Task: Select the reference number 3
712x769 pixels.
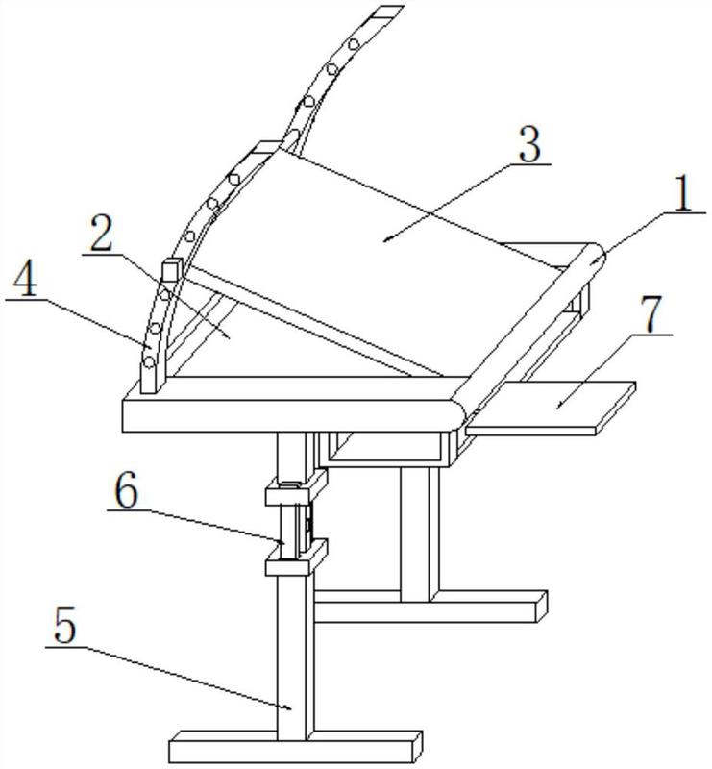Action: (528, 145)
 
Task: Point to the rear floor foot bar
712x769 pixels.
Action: (432, 606)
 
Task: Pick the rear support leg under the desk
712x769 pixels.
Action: (418, 529)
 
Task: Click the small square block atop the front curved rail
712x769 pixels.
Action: (172, 273)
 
